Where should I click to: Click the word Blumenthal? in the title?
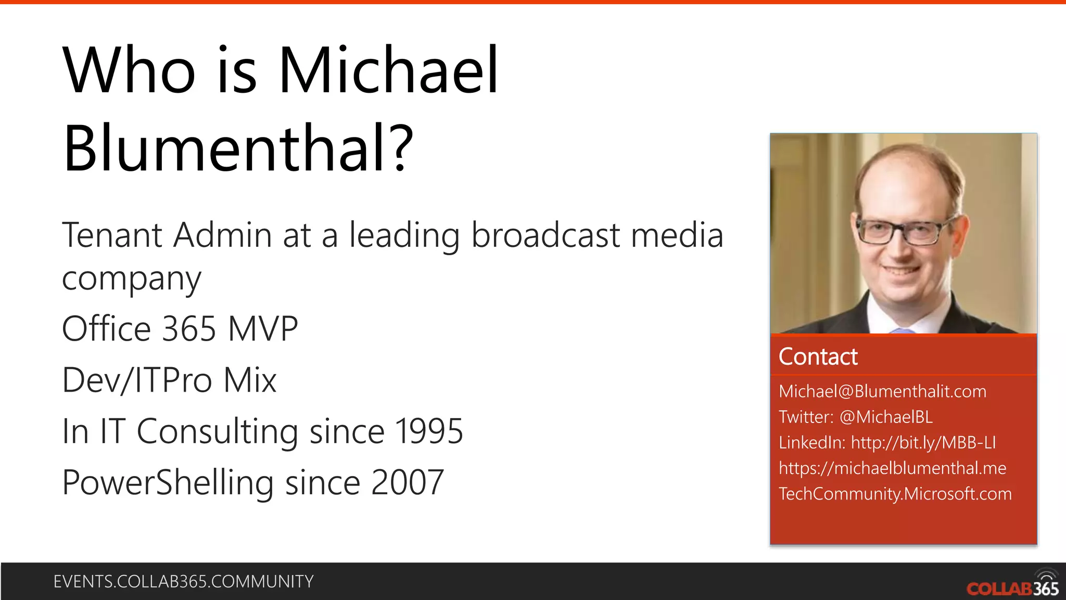(x=238, y=148)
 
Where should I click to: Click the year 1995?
(x=429, y=431)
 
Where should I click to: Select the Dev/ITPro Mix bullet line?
(x=169, y=380)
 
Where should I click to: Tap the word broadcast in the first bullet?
(x=545, y=235)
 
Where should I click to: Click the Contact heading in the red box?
(x=818, y=357)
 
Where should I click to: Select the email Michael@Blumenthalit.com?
(x=882, y=391)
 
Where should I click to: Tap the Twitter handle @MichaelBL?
(x=886, y=417)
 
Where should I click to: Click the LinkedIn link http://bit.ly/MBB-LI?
(x=923, y=442)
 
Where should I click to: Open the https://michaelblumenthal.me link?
(x=892, y=468)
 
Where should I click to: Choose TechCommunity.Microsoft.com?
(x=895, y=493)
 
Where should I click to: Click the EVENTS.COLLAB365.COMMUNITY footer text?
(x=183, y=581)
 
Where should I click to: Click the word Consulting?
(x=217, y=431)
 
